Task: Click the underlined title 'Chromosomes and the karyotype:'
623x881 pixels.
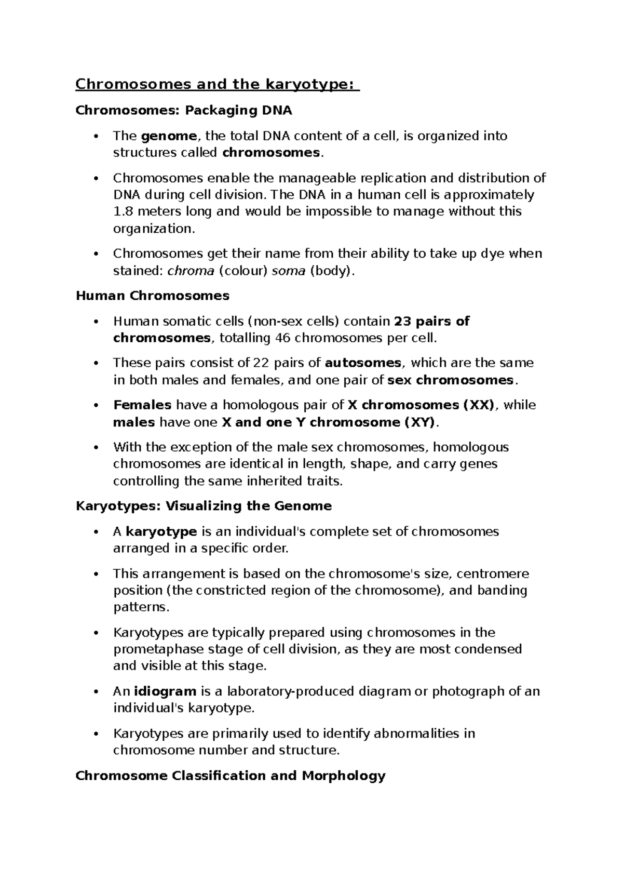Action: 217,84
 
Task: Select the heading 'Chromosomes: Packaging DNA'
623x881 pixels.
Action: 184,111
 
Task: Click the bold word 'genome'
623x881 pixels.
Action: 169,136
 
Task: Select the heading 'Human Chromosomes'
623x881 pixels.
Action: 152,296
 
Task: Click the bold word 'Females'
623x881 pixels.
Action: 142,405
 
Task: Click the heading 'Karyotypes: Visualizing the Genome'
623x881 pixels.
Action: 204,506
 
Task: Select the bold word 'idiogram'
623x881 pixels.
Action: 165,691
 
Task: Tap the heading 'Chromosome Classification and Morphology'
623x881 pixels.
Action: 230,776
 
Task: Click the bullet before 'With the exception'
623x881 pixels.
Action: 95,448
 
